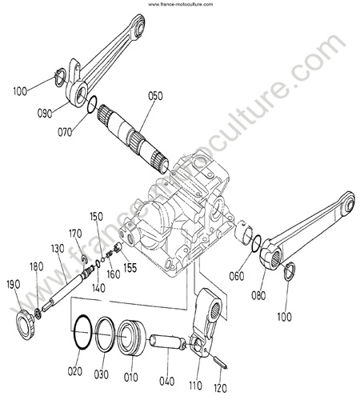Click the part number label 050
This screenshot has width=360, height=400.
tap(155, 96)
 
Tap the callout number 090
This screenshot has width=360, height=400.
tap(45, 114)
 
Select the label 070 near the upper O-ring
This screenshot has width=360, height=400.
tap(65, 132)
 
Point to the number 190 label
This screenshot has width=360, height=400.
tap(14, 285)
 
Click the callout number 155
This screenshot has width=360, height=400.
tap(130, 268)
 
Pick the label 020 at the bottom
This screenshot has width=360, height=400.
tap(74, 371)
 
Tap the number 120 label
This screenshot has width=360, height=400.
tap(220, 388)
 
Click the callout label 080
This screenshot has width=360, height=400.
tap(258, 296)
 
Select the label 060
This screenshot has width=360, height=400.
tap(237, 276)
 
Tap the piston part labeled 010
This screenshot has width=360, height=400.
tap(131, 338)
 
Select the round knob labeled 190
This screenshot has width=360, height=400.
tap(25, 324)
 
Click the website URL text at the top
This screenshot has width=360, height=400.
tap(181, 4)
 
